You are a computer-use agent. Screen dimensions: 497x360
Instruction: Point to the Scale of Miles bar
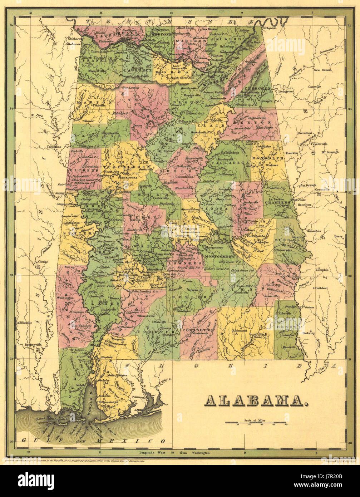256,422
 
